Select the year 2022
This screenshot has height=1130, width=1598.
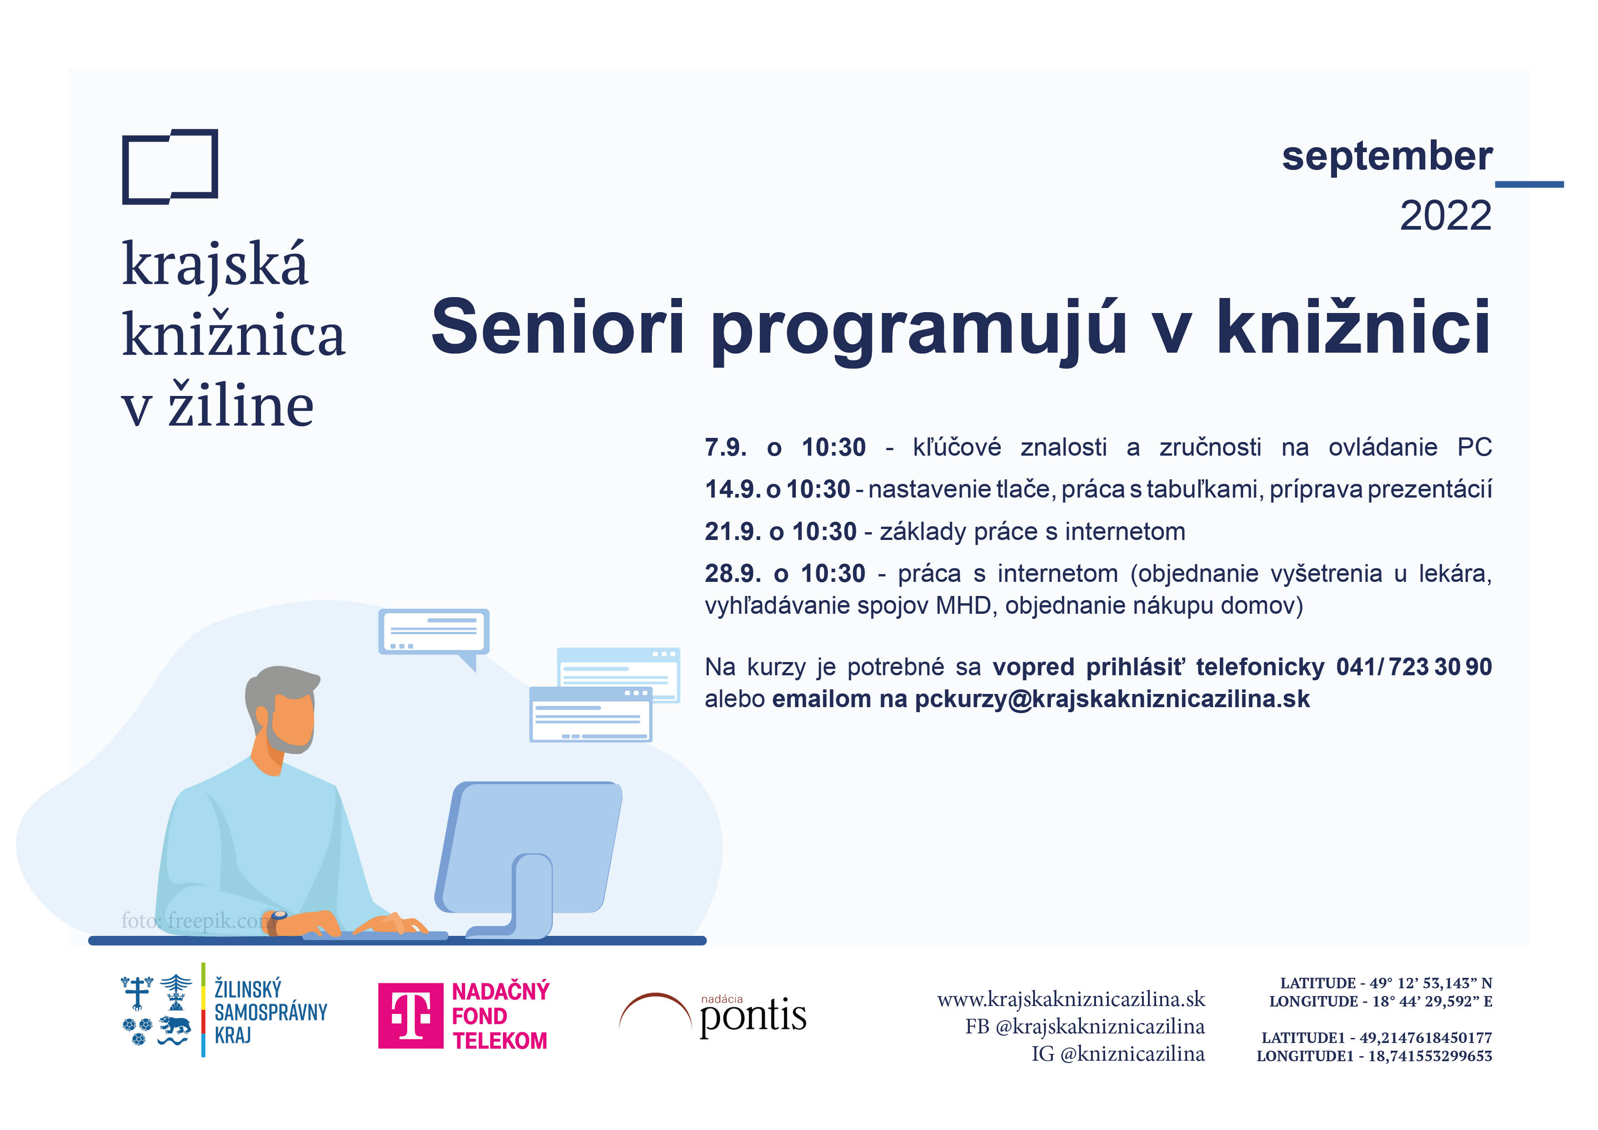coord(1445,216)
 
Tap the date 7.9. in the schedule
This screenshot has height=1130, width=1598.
coord(725,447)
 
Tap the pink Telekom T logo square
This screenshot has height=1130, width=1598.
coord(410,1016)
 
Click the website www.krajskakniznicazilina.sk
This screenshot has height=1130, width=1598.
coord(1071,999)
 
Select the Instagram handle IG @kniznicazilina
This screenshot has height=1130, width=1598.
coord(1118,1053)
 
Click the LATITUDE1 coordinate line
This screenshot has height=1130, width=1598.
coord(1377,1038)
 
